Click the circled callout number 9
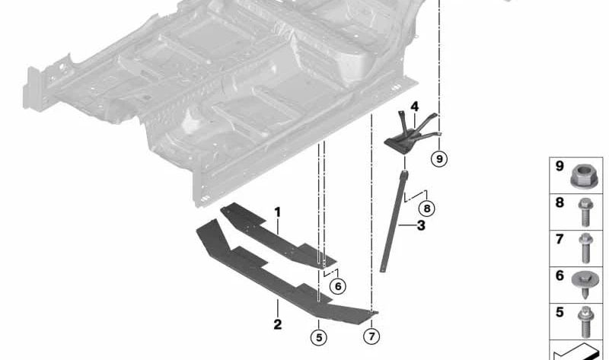(x=439, y=158)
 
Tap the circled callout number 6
(x=338, y=285)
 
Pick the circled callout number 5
(x=319, y=336)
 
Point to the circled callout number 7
(x=371, y=336)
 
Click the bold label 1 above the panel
(x=278, y=211)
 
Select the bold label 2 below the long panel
(x=278, y=325)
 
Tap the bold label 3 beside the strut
(x=421, y=225)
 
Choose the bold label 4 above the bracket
(x=415, y=106)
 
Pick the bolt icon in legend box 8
(x=585, y=213)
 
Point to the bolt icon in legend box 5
(x=585, y=322)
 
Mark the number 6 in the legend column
(x=560, y=276)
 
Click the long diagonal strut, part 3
(x=397, y=225)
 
